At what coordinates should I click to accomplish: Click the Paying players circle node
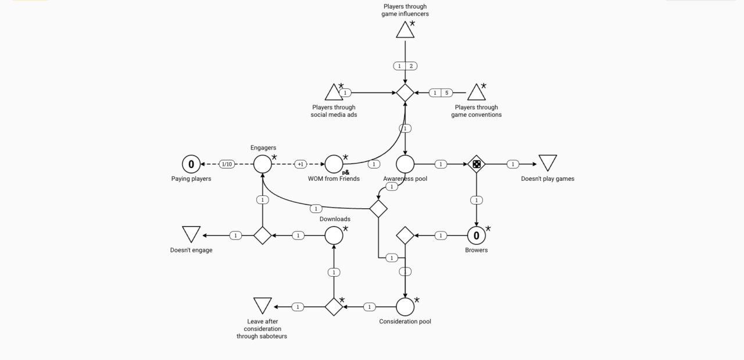click(191, 165)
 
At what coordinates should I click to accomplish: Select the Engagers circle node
click(263, 165)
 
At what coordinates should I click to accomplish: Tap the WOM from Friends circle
click(334, 165)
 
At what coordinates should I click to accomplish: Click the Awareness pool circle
click(405, 165)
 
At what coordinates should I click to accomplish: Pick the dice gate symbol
click(477, 165)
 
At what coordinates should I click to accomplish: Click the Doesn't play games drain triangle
click(548, 162)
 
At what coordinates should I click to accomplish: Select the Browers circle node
click(477, 236)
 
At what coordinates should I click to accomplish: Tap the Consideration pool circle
click(405, 306)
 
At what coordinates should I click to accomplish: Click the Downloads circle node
click(334, 236)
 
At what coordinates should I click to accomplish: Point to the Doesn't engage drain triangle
click(191, 234)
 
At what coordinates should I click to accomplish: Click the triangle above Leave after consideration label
click(263, 305)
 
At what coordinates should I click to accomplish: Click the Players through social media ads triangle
click(334, 92)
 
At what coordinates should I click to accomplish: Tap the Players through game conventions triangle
click(477, 92)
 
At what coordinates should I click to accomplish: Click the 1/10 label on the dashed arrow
click(227, 165)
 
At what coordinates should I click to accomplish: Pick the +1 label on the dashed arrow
click(301, 165)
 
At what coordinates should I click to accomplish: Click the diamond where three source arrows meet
click(405, 92)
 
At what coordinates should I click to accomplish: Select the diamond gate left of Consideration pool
click(334, 306)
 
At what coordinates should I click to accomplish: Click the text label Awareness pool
click(405, 179)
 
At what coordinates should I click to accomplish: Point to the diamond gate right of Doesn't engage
click(263, 236)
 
